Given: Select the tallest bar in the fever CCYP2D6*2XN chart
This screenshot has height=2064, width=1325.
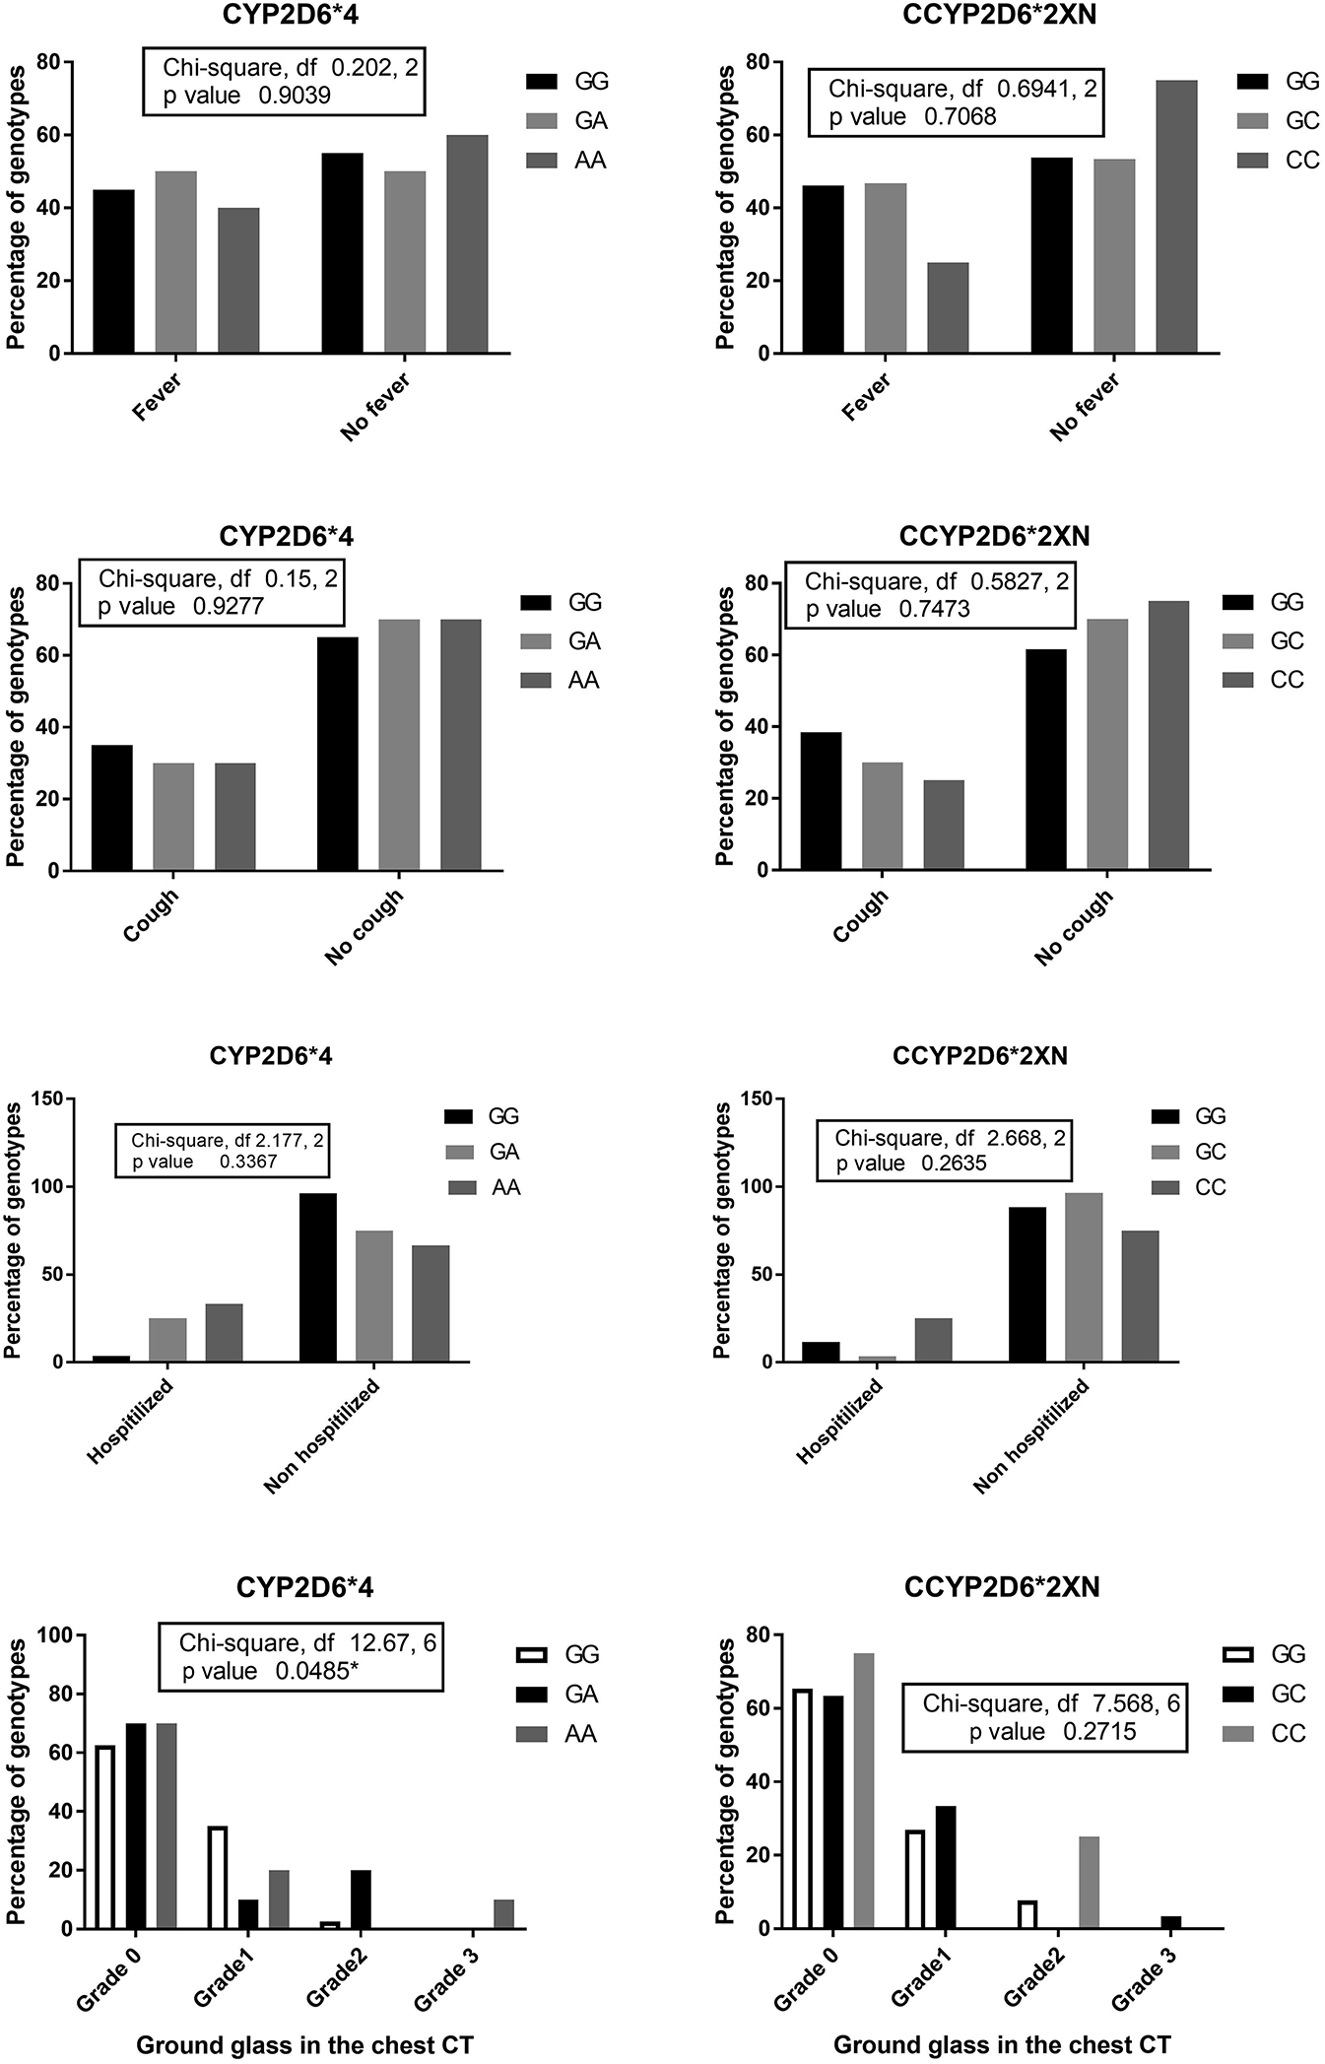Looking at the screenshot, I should click(1176, 217).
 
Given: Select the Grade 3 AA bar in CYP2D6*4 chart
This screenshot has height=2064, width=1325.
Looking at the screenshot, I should click(503, 1914).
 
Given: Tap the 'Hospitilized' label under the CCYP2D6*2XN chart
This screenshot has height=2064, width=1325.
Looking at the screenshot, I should click(840, 1421).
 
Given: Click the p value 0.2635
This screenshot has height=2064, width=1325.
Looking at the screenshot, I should click(911, 1164).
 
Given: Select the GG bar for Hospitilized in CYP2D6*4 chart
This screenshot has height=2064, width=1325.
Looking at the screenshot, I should click(111, 1359).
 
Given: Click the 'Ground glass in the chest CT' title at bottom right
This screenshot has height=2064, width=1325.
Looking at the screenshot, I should click(1002, 2044).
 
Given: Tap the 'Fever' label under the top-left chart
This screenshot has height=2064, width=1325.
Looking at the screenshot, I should click(159, 396).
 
